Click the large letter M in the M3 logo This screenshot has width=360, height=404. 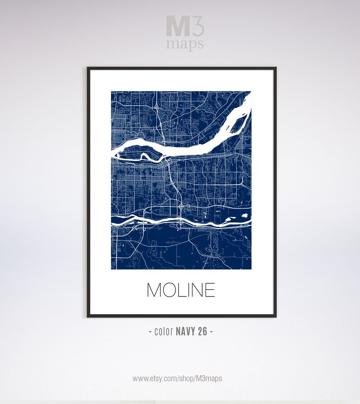point(175,27)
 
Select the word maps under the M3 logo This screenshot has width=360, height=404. point(185,44)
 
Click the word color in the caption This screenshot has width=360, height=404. point(164,331)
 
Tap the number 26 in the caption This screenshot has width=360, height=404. point(202,331)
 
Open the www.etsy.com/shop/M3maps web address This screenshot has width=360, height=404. point(177,378)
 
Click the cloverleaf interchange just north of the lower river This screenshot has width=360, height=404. point(181,207)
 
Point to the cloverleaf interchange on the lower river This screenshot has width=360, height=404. point(181,222)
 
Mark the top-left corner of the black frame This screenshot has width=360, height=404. point(88,68)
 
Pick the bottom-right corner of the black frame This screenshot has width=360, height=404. point(275,316)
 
